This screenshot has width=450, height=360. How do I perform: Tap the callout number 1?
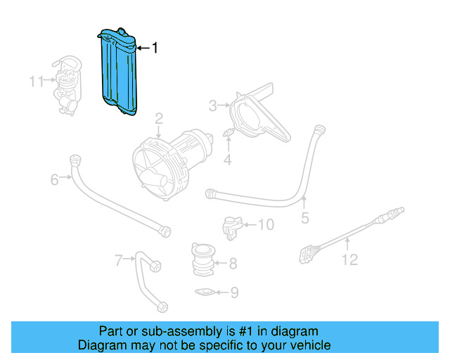[x=155, y=48]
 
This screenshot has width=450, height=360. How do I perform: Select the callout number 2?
[x=160, y=117]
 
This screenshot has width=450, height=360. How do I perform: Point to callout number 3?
[x=213, y=106]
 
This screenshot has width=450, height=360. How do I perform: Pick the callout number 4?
[x=227, y=161]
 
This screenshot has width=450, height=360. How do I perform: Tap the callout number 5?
[x=304, y=218]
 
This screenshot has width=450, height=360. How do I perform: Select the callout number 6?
[x=55, y=180]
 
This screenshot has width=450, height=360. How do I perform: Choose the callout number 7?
[x=119, y=261]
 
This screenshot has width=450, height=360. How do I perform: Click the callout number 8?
[x=233, y=265]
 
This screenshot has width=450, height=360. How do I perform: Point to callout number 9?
[x=235, y=292]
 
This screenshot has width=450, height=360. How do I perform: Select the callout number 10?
[x=266, y=225]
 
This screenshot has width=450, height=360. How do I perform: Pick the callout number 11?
[x=37, y=82]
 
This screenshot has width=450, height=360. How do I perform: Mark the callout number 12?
[x=349, y=260]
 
